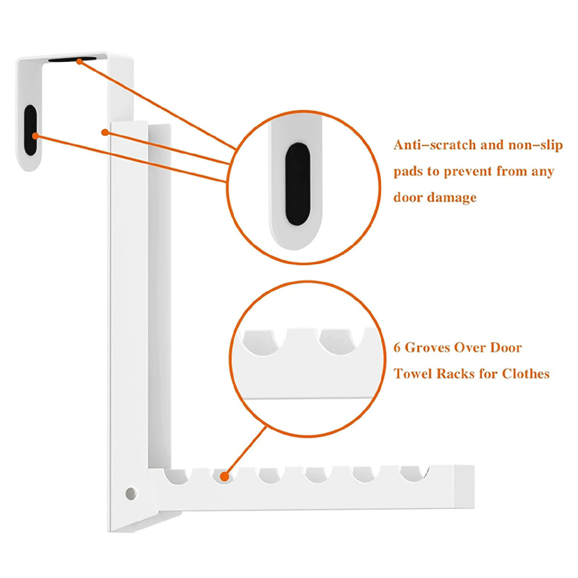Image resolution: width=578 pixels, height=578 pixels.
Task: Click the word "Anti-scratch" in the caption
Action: point(435,145)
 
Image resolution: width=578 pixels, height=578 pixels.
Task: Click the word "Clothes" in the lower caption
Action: point(526,374)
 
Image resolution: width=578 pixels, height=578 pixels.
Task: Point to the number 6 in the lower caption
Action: point(397,348)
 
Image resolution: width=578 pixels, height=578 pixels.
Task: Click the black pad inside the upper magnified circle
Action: point(298,184)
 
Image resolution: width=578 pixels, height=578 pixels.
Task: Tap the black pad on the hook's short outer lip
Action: point(30,130)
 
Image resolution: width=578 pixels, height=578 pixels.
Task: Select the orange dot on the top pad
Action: point(79,62)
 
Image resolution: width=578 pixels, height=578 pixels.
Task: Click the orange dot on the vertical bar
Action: point(105,132)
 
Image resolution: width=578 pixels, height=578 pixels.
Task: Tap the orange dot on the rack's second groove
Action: point(225,477)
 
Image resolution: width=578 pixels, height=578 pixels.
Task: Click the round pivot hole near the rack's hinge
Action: point(131,493)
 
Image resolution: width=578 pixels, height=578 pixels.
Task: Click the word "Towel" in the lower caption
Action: point(413,374)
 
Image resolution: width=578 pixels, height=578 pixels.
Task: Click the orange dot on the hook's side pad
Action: point(35,136)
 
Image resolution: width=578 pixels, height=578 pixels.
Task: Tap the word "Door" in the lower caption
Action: point(506,348)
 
